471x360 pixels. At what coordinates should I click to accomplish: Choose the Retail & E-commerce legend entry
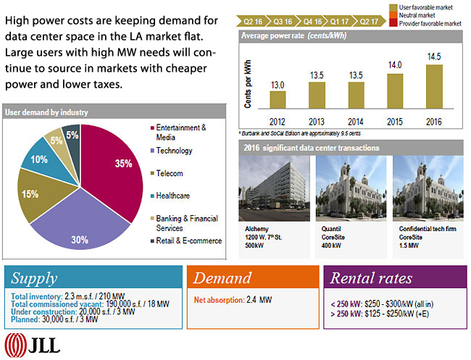click(x=188, y=240)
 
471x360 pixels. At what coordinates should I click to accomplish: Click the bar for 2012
click(x=278, y=99)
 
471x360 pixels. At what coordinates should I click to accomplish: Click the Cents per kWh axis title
click(x=249, y=86)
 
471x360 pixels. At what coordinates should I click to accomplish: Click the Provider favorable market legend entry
click(x=429, y=24)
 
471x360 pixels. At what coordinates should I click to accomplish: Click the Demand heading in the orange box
click(x=224, y=278)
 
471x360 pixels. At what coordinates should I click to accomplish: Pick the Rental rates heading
click(x=371, y=278)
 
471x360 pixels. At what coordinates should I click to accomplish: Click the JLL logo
click(x=33, y=343)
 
